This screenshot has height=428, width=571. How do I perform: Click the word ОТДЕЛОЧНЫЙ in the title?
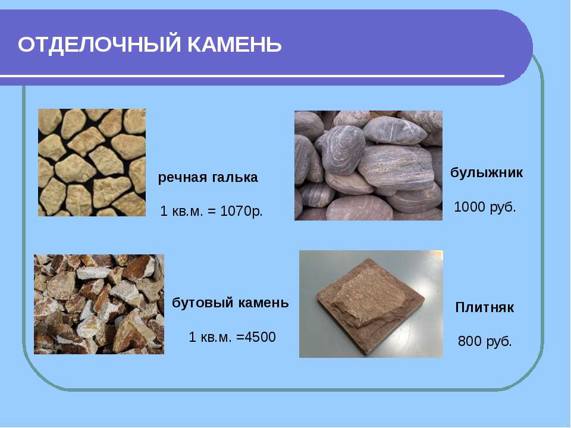(99, 45)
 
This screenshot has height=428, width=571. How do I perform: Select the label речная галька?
(208, 178)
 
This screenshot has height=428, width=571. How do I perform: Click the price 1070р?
(241, 211)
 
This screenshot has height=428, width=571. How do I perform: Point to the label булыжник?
(487, 172)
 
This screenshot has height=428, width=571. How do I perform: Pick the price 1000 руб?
(485, 207)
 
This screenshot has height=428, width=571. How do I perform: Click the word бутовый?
(202, 303)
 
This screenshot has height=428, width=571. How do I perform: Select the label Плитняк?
(484, 307)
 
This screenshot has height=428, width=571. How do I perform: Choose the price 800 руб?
(485, 341)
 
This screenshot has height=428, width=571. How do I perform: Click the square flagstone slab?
(371, 307)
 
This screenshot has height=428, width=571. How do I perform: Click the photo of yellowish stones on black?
(92, 162)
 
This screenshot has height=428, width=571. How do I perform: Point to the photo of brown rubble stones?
(99, 304)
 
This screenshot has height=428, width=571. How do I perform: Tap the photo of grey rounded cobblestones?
(368, 166)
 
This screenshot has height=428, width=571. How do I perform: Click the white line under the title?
(252, 76)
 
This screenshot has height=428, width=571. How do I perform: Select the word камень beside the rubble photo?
(263, 303)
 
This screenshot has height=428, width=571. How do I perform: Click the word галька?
(233, 178)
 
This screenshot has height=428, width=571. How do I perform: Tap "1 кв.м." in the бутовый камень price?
(210, 338)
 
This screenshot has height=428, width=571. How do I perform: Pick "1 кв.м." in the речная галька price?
(181, 212)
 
